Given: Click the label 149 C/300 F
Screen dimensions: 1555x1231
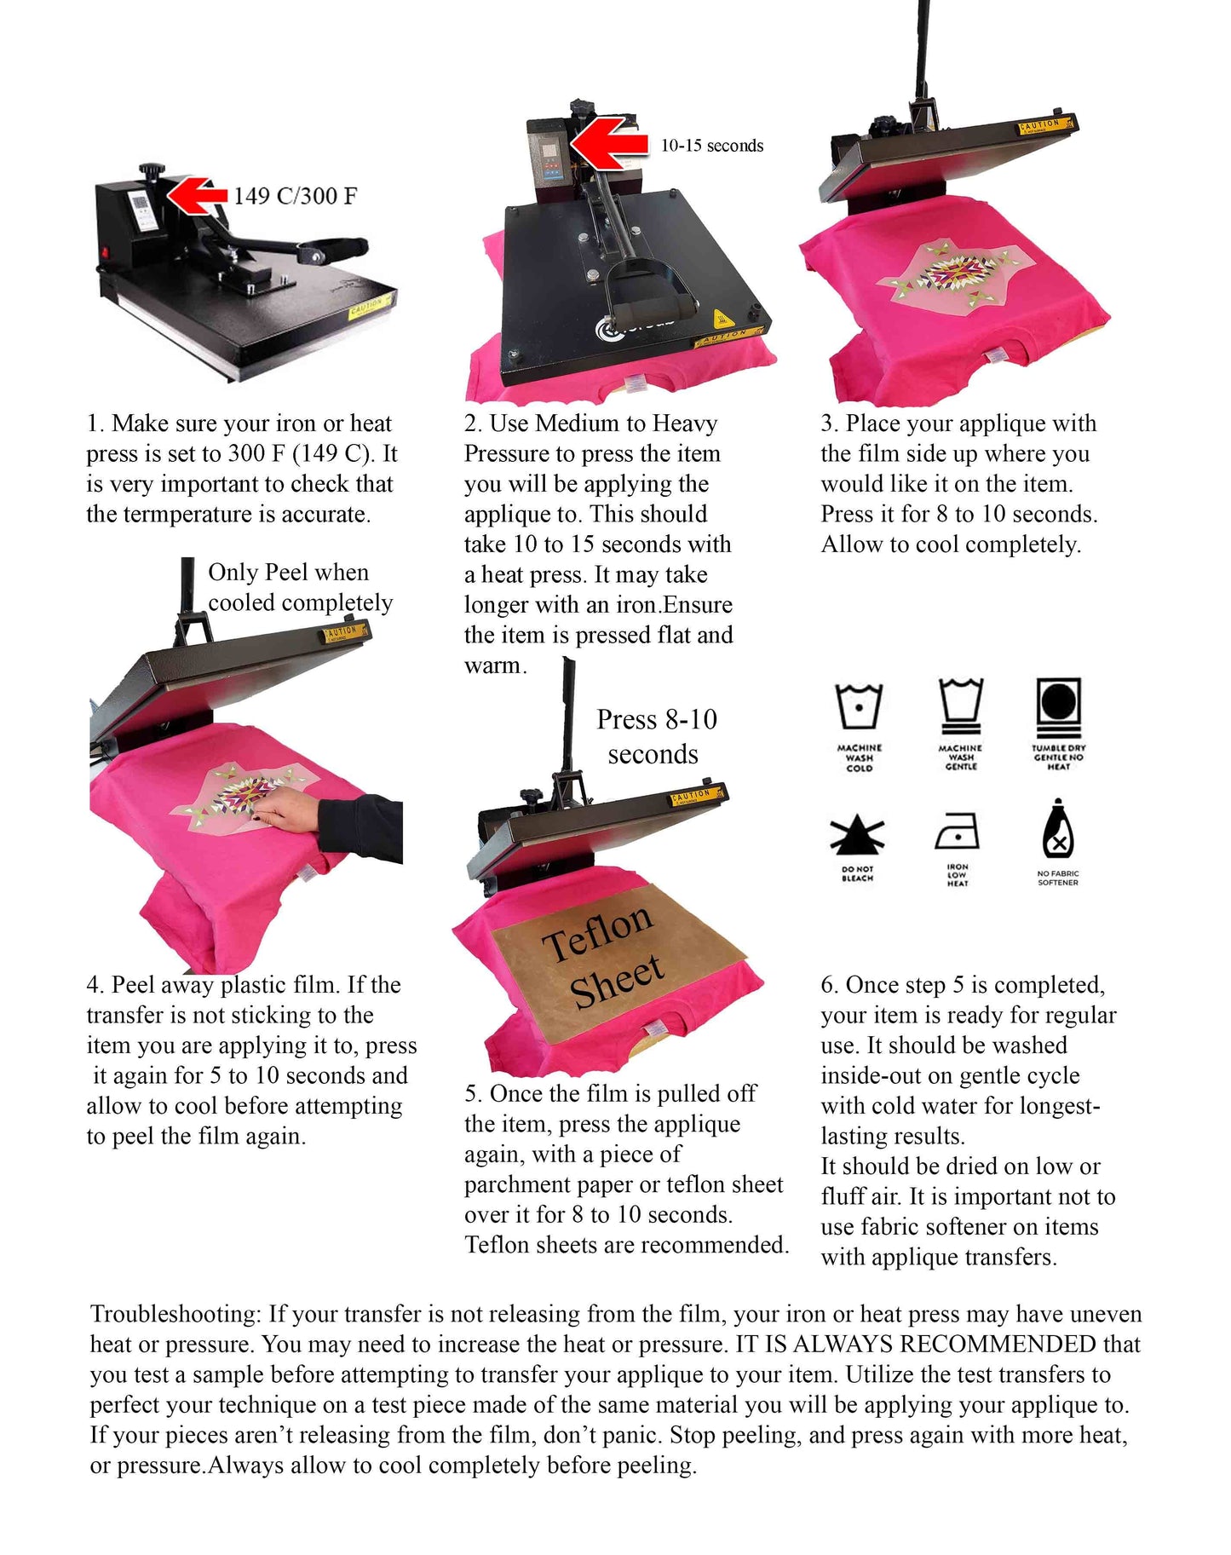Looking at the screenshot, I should [x=295, y=197].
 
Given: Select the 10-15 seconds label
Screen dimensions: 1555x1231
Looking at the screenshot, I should [x=712, y=146].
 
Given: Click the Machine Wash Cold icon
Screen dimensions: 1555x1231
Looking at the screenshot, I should [x=859, y=706].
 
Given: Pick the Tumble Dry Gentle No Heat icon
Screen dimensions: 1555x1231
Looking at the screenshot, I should [x=1058, y=706].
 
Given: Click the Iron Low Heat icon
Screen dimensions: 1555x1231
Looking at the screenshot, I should [x=958, y=831].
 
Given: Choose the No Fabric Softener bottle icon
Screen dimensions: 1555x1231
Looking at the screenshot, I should [x=1057, y=831].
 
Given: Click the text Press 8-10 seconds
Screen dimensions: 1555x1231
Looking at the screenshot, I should [x=656, y=737].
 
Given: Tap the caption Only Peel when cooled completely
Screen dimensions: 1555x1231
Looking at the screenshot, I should [x=300, y=587].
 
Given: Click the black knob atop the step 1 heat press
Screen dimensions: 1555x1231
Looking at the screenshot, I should [x=154, y=171].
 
